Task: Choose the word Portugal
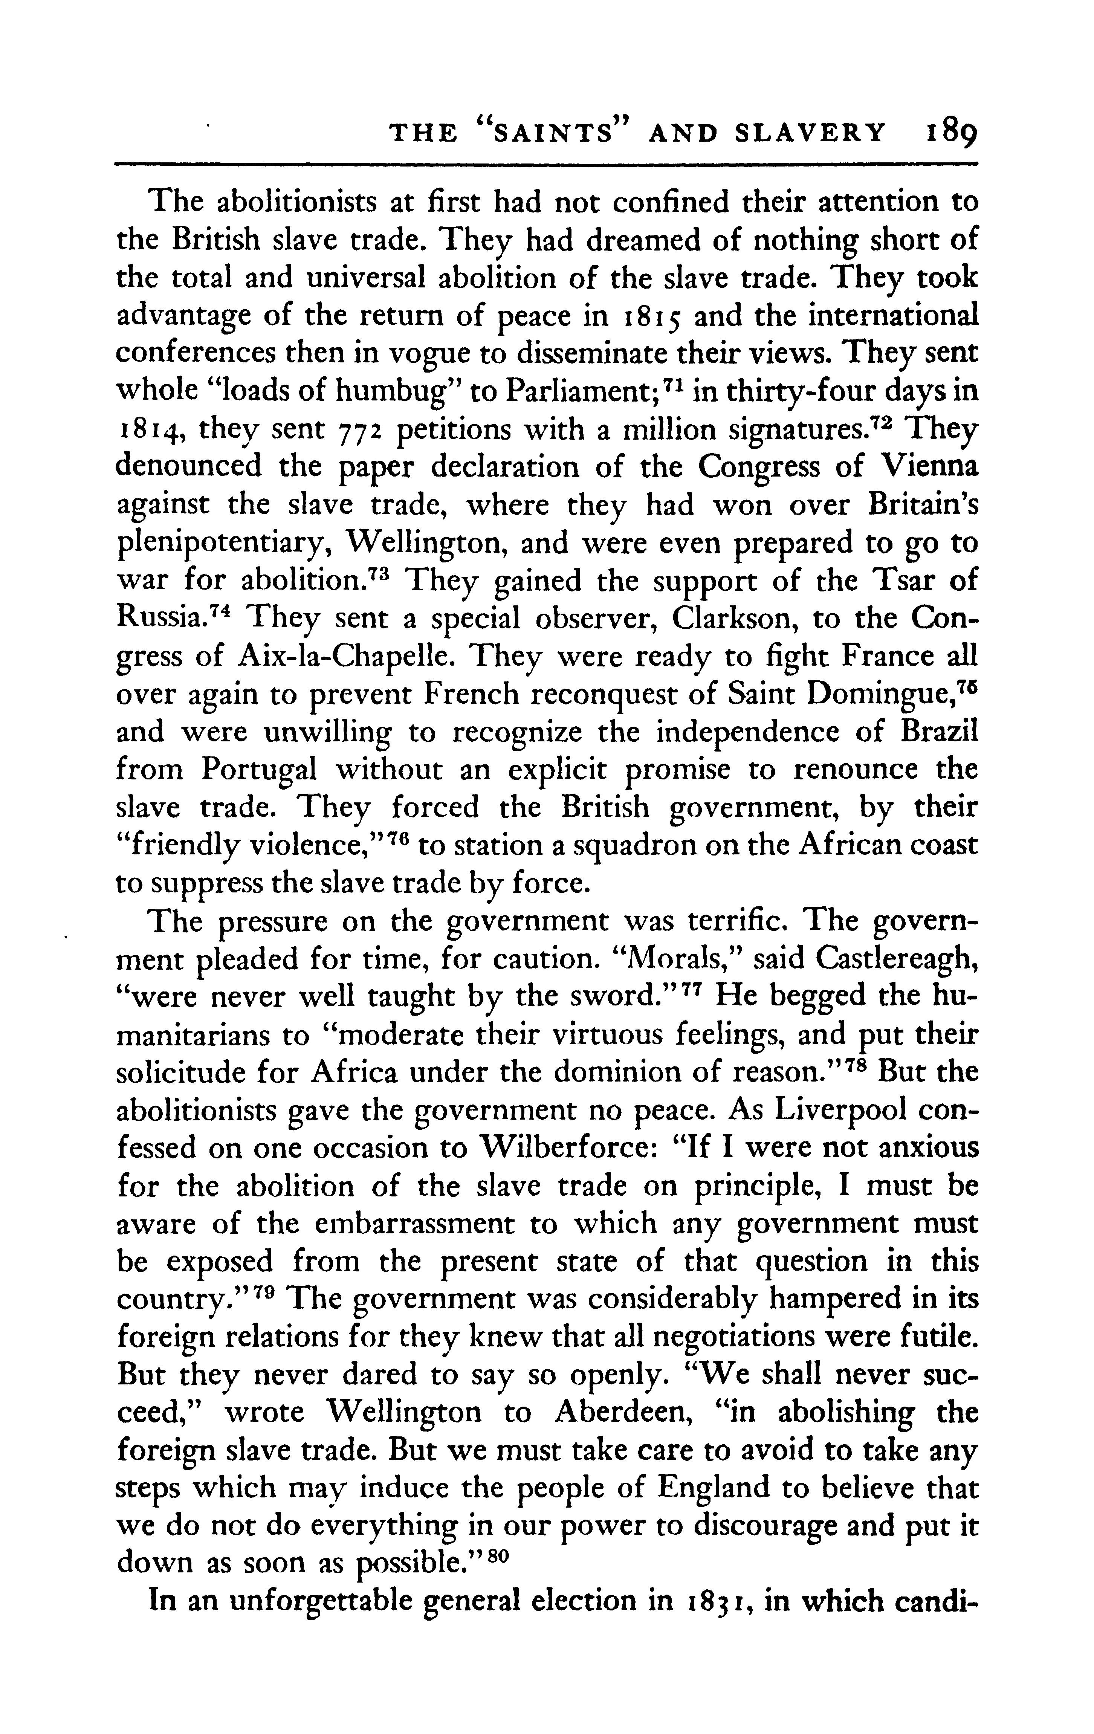pos(259,770)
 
